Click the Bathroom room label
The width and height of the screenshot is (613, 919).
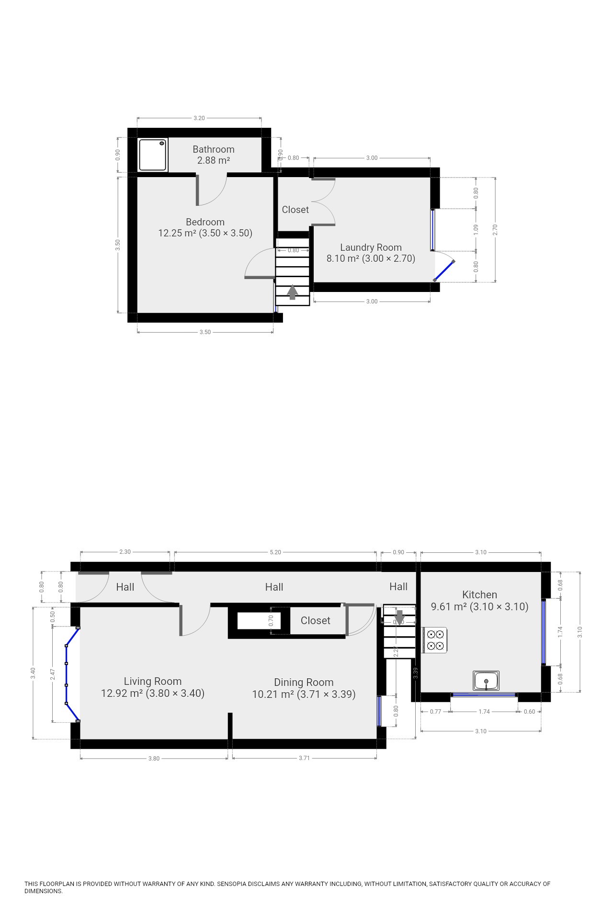(214, 149)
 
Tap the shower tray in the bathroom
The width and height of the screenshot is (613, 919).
(153, 155)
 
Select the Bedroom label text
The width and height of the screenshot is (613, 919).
(205, 222)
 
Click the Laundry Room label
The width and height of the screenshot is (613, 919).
(371, 247)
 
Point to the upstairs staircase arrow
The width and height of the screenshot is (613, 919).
(292, 292)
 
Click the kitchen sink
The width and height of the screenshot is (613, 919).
(486, 681)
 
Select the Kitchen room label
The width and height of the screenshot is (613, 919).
(479, 595)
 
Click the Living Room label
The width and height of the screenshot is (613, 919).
(153, 682)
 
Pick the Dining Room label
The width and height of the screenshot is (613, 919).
(304, 683)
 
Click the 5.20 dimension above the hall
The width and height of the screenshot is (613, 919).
(275, 552)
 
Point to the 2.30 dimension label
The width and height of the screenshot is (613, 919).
(125, 552)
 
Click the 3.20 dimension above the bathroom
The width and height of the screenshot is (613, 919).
(199, 118)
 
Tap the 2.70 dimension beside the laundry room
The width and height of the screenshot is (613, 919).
(496, 230)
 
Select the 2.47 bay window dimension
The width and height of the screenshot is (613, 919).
(53, 674)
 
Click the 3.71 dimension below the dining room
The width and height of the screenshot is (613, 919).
(304, 758)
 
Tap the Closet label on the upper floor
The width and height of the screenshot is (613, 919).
(295, 210)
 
